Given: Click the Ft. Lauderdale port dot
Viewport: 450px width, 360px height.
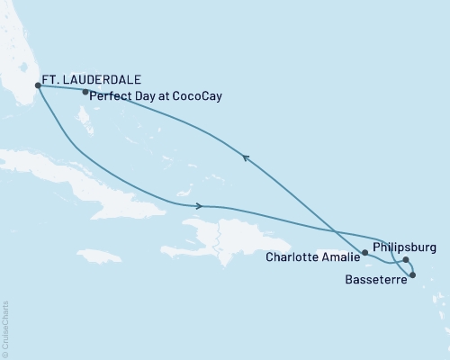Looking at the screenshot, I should pyautogui.click(x=37, y=86).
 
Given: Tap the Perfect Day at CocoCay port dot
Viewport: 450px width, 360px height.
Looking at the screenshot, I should pyautogui.click(x=85, y=92).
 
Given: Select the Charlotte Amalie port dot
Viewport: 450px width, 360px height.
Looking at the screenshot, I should pyautogui.click(x=364, y=254).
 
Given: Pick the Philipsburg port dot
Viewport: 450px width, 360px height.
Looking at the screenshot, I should pyautogui.click(x=406, y=260).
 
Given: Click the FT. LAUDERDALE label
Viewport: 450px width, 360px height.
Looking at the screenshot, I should pyautogui.click(x=92, y=78).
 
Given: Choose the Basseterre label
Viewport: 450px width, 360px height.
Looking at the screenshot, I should pyautogui.click(x=374, y=280).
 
